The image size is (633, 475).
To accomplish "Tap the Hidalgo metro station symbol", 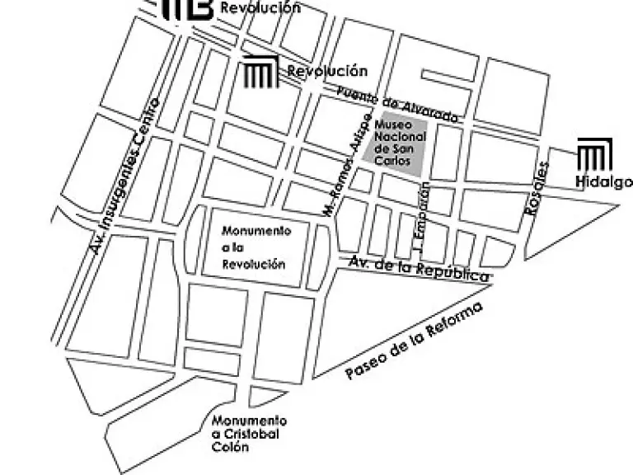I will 594,156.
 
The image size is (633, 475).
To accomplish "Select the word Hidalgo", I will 604,182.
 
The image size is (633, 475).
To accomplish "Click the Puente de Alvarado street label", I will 397,106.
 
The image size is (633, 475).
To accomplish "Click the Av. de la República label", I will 419,268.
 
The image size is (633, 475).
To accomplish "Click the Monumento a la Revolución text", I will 256,247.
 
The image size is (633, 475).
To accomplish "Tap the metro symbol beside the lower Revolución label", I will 260,73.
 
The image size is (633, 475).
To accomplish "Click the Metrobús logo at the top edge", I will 188,8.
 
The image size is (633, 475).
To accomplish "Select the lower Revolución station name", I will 327,72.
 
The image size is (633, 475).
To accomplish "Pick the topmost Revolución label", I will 260,8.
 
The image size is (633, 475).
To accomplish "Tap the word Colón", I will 230,448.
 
